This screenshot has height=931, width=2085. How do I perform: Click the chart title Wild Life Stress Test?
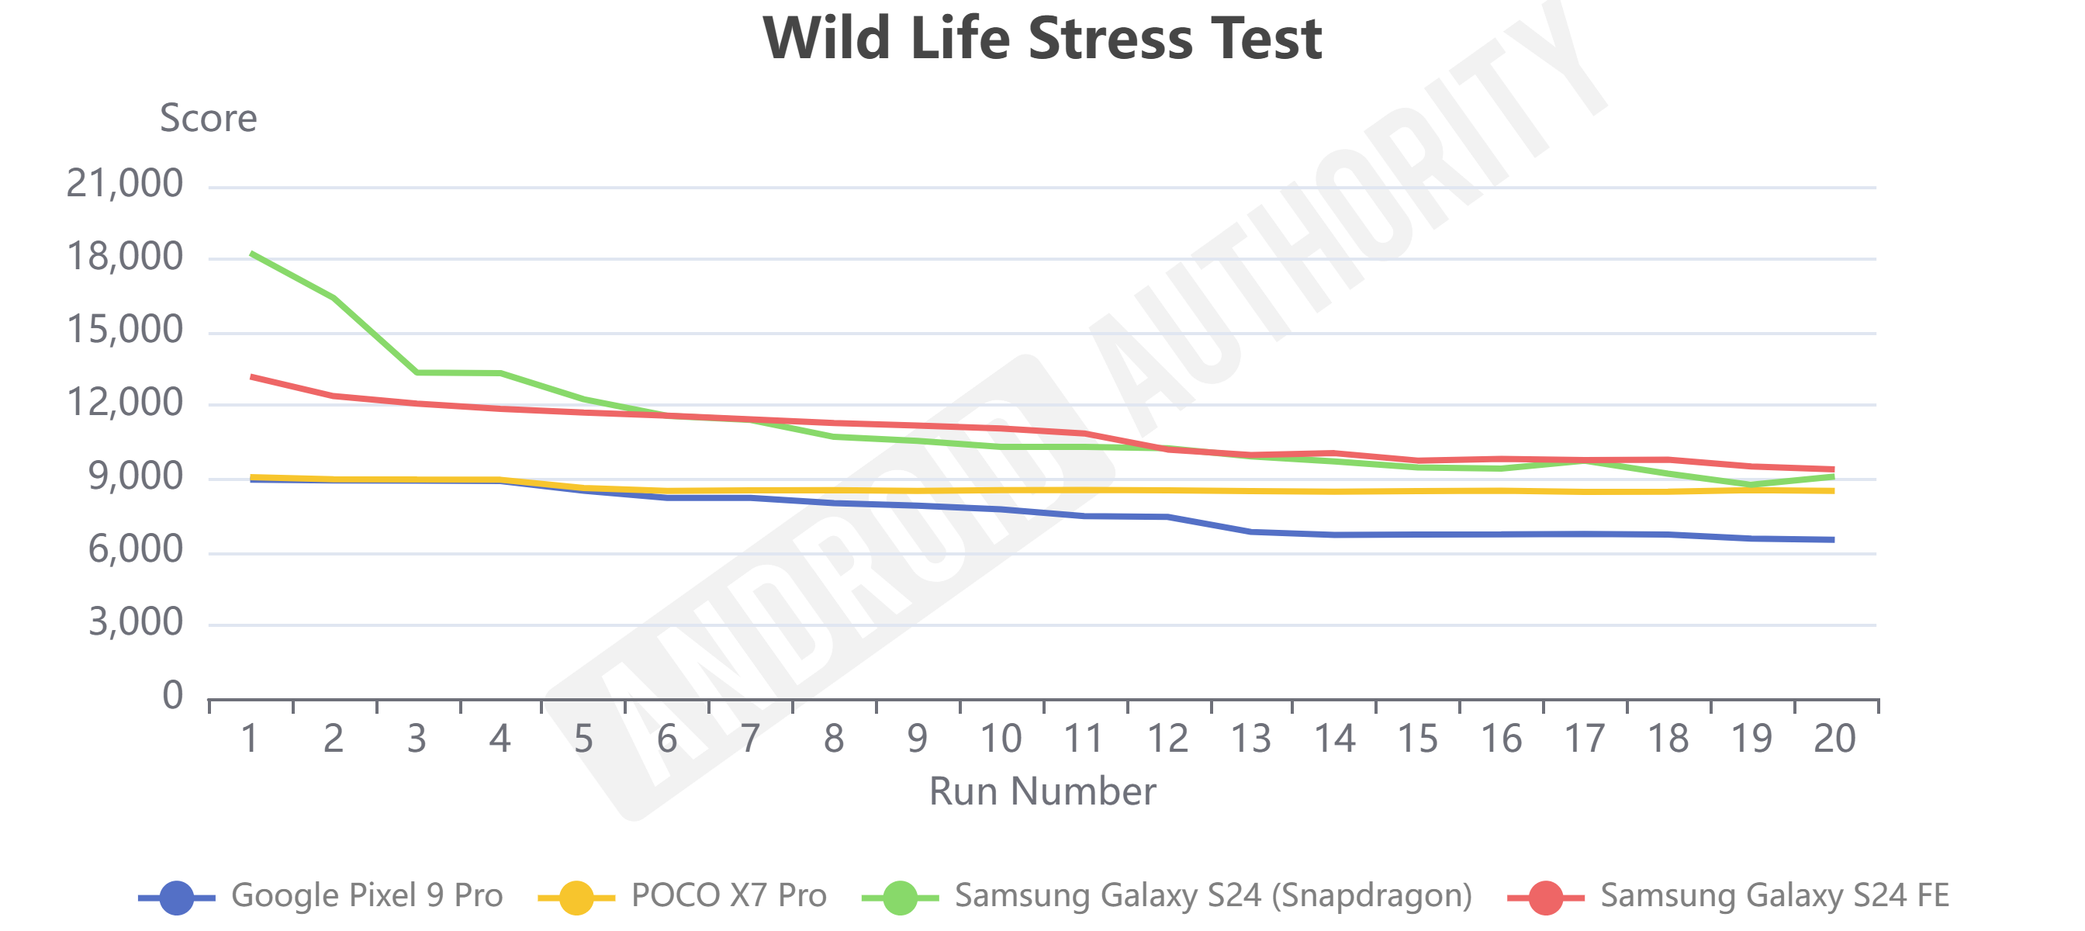(1042, 39)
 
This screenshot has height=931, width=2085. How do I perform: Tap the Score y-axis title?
(208, 118)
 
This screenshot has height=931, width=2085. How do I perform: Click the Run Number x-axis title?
(1042, 791)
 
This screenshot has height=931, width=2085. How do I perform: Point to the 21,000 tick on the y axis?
(125, 184)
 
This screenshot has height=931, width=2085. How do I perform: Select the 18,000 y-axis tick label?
(125, 257)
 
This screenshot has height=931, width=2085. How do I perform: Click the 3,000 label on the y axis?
(135, 622)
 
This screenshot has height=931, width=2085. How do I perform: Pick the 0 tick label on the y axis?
(172, 695)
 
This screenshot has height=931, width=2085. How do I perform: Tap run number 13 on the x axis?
(1250, 739)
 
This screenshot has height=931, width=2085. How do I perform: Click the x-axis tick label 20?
(1834, 739)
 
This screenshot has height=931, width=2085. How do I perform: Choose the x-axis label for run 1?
(249, 739)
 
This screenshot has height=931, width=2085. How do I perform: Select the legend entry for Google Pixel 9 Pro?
(366, 895)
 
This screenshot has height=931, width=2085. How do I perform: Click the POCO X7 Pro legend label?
(728, 895)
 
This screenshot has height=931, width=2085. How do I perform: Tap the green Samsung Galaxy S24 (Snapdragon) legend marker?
(899, 897)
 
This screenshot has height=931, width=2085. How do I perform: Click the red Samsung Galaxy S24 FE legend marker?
(1545, 897)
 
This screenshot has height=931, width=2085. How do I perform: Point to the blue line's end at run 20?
(1833, 539)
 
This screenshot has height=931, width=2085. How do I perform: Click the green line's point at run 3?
(417, 372)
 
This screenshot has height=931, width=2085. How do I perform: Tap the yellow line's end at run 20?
(1833, 490)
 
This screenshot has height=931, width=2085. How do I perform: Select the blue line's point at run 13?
(1250, 532)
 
